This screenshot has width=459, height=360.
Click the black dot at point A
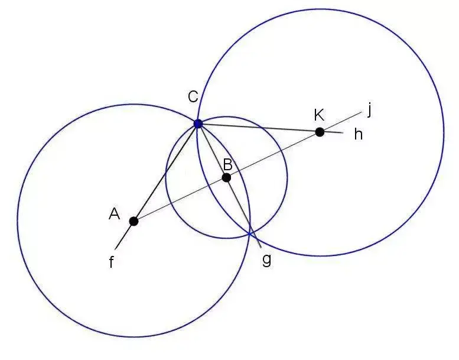click(134, 221)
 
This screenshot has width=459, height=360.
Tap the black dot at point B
click(226, 177)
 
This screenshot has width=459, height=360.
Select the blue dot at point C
click(198, 124)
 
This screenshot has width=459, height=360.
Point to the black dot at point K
click(320, 132)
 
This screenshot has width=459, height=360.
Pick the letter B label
click(227, 165)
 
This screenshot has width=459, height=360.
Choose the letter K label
click(320, 115)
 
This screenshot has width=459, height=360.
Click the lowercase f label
click(112, 262)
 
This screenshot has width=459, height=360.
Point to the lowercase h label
click(358, 135)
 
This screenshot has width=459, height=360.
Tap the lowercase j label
click(370, 109)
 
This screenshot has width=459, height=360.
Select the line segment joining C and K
click(260, 128)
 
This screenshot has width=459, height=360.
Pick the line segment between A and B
click(180, 199)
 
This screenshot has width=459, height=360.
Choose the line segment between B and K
click(273, 154)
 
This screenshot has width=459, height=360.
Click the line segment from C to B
click(212, 151)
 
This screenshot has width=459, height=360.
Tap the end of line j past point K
click(361, 112)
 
